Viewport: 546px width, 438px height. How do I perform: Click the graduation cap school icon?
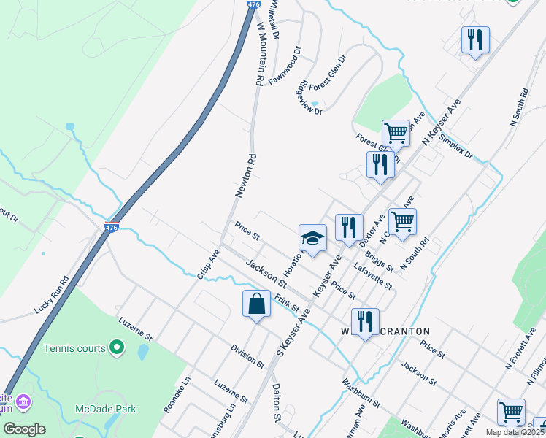tap(312, 239)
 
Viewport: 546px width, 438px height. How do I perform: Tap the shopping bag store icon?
tap(257, 304)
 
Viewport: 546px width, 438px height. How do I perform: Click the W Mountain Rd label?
tap(259, 54)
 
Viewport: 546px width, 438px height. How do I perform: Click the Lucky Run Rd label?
tap(51, 295)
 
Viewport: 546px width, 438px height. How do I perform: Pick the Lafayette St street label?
tap(373, 277)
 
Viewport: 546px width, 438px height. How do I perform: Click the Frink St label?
tap(288, 303)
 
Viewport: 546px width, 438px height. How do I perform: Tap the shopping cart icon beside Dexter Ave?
tap(402, 221)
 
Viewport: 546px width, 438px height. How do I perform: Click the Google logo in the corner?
tap(24, 429)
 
